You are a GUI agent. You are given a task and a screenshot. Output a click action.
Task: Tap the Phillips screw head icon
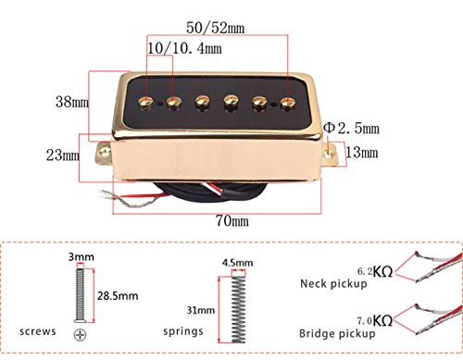click(x=85, y=332)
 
